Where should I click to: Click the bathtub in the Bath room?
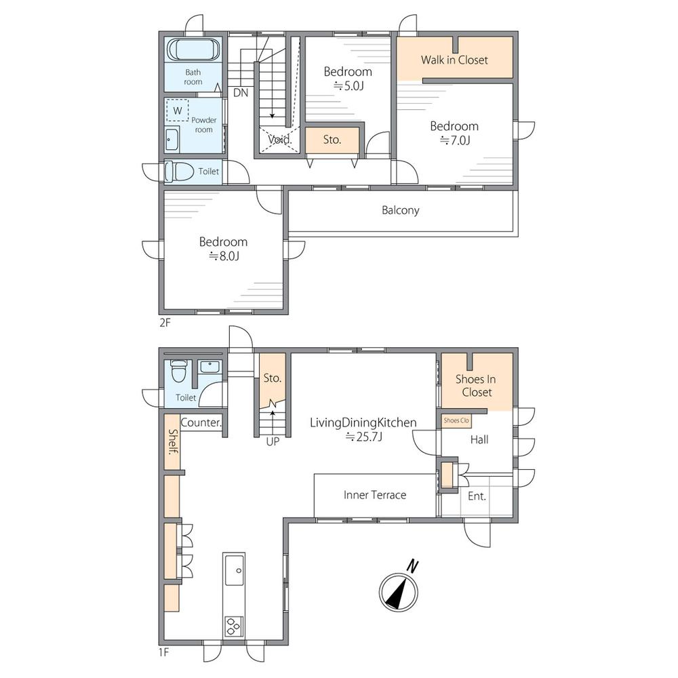coord(193,49)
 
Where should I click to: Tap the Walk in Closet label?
coord(454,60)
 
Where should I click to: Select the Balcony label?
coord(401,210)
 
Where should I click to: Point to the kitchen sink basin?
coord(235,570)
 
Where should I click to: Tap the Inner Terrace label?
coord(375,495)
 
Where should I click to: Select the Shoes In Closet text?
coord(476,386)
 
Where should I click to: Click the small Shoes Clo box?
coord(456,421)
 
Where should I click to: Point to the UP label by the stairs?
coord(273,441)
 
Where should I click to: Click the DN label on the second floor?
coord(241,92)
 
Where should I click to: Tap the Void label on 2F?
coord(280,140)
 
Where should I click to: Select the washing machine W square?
coord(177,111)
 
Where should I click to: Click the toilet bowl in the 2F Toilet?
coord(179,172)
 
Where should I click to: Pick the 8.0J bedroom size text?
coord(224,256)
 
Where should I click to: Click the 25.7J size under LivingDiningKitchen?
coord(363,437)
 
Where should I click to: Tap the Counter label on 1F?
coord(201,422)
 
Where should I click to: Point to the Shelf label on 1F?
coord(172,442)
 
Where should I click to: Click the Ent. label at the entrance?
coord(477,496)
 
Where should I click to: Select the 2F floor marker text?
coord(165,323)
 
